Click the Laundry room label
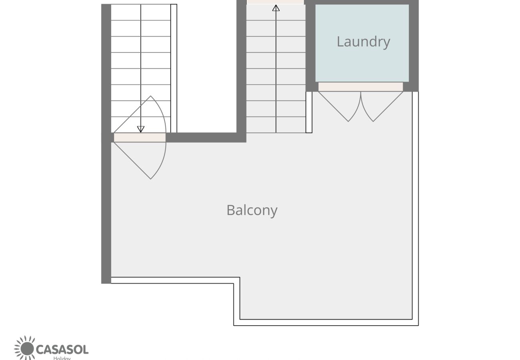tap(363, 42)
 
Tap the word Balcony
tap(252, 210)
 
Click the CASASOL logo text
tap(62, 350)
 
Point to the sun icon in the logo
tap(26, 348)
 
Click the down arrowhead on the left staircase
tap(141, 129)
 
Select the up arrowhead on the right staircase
tap(276, 8)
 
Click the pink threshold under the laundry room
tap(360, 87)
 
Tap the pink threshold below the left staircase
tap(140, 138)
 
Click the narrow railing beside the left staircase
tap(174, 68)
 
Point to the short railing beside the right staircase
tap(309, 112)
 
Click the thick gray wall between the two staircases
tap(241, 68)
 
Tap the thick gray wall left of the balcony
tap(106, 208)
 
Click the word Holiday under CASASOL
tap(62, 358)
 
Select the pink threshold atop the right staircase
tap(275, 2)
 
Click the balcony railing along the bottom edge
tap(326, 322)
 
